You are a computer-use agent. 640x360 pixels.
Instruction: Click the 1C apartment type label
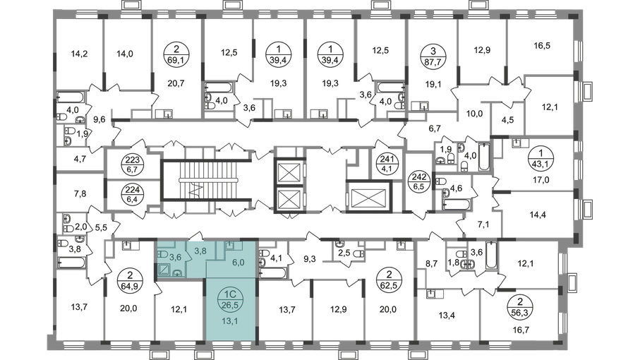[227, 287]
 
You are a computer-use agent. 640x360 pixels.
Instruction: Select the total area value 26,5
[227, 296]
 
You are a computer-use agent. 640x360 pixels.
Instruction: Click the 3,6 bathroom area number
[165, 257]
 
